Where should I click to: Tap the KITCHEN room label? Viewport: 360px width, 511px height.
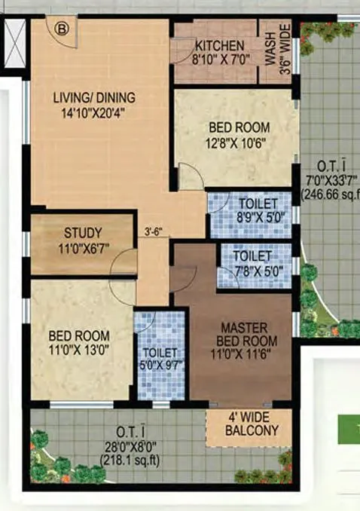point(218,45)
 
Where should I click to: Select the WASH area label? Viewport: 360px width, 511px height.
point(267,50)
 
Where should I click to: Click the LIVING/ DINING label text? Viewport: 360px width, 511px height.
point(94,96)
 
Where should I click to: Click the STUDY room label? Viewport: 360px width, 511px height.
point(82,232)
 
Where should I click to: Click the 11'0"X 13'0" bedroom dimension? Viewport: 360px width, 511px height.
point(79,349)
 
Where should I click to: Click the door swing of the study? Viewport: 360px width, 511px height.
point(123,262)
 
